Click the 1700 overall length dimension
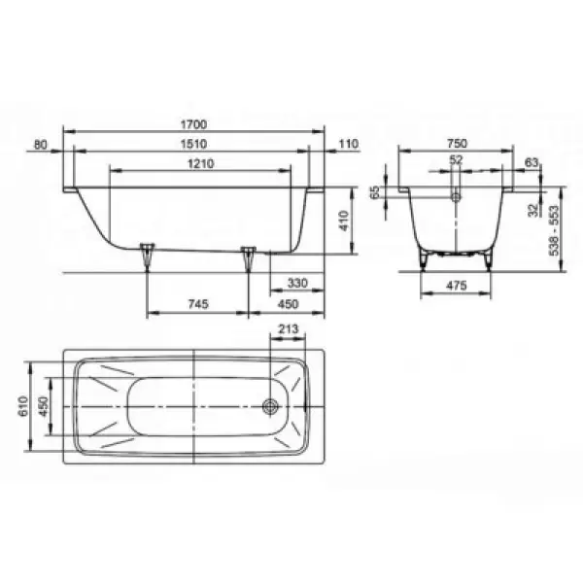193,124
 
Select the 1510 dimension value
193,144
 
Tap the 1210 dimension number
201,163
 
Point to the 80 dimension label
41,144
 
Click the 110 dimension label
349,144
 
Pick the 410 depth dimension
345,221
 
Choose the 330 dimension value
297,284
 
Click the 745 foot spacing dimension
198,304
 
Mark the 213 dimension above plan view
289,328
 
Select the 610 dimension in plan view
23,406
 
